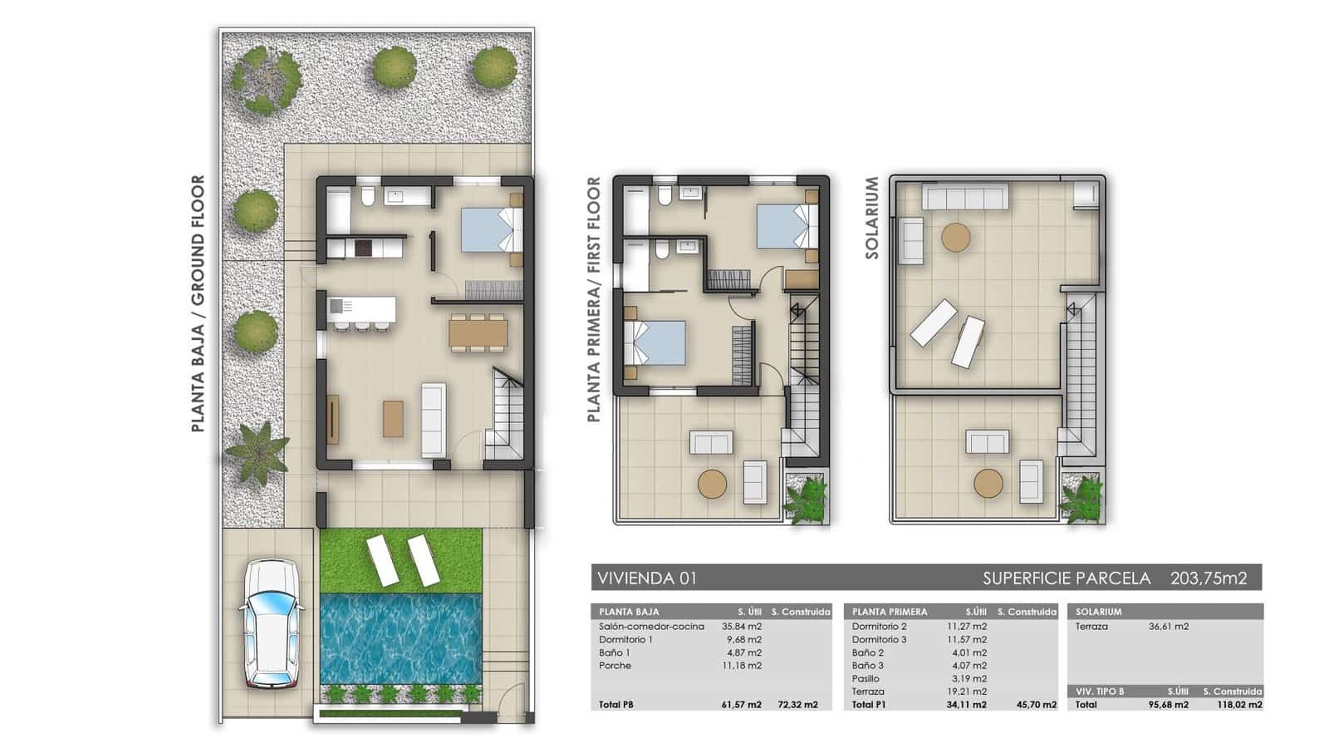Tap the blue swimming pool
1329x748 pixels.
(x=400, y=637)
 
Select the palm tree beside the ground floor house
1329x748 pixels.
(x=257, y=452)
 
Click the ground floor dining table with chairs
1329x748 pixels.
(x=478, y=332)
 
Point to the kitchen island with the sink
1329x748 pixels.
(x=360, y=309)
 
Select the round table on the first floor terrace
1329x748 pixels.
(x=712, y=484)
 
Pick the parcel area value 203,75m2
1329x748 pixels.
(x=1209, y=578)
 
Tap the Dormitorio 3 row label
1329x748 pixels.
(x=879, y=640)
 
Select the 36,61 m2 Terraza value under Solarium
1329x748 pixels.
(x=1168, y=627)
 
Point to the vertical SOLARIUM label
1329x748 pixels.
(x=872, y=218)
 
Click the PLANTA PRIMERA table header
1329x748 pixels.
(x=889, y=612)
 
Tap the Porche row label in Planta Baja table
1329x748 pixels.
(x=615, y=666)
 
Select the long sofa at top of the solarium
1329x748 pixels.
(x=966, y=198)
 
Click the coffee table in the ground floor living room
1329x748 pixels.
(x=393, y=419)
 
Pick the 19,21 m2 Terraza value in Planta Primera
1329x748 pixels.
(x=967, y=691)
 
